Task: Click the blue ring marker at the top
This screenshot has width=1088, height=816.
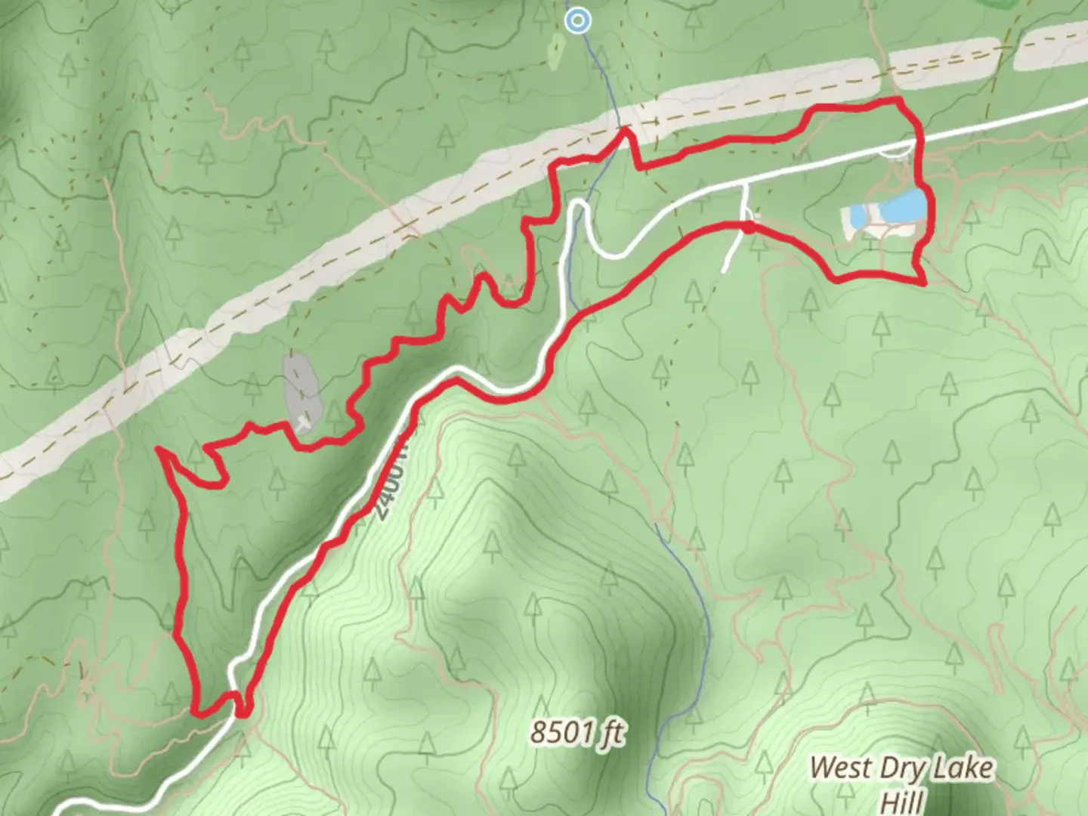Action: [x=578, y=21]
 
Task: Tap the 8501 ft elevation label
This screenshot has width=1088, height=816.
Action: [x=578, y=732]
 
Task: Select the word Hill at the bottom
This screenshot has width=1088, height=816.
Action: [x=903, y=800]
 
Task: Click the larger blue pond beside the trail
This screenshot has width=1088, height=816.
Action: [x=899, y=206]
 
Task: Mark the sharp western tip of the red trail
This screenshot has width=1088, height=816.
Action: [x=159, y=450]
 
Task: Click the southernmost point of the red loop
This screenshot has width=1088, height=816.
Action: [x=241, y=712]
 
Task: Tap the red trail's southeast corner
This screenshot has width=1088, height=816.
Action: [x=923, y=282]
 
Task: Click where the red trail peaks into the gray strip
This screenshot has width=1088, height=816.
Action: [x=625, y=132]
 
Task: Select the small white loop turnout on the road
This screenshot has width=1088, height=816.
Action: [x=897, y=151]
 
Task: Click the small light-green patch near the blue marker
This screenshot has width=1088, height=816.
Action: [x=555, y=51]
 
